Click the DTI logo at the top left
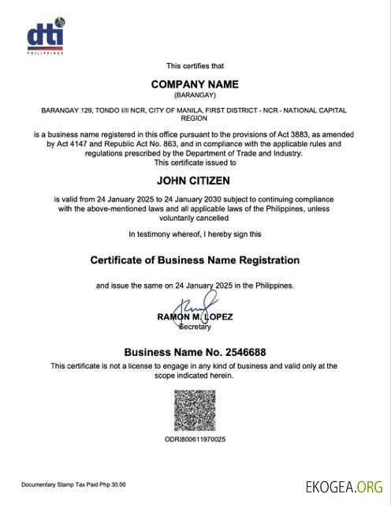44,37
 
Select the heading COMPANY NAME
195,84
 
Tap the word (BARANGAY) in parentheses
195,95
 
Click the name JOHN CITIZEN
195,181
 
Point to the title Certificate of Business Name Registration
195,260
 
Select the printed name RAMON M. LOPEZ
195,317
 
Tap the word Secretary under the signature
195,327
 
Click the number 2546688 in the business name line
242,352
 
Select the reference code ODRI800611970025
195,439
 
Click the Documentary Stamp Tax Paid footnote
73,484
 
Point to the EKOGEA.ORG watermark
344,486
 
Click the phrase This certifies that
195,65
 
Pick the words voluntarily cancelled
195,217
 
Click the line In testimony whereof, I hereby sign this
195,234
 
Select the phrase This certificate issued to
195,163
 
